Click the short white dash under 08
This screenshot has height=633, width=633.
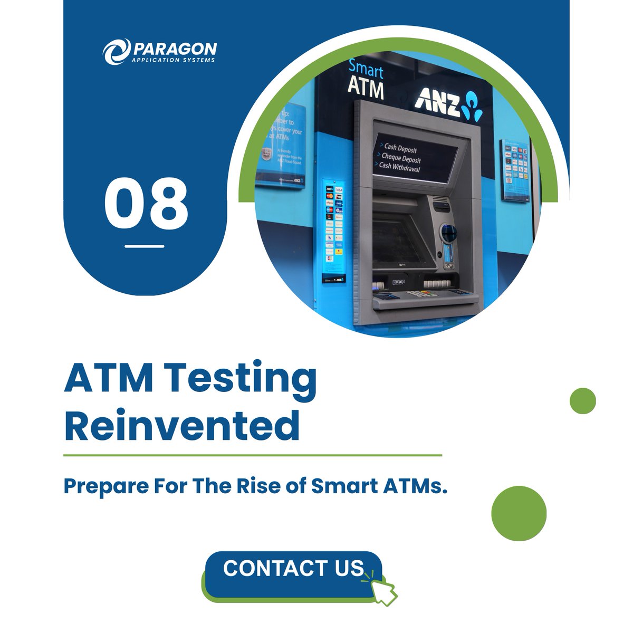click(144, 246)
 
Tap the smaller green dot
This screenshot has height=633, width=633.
click(582, 401)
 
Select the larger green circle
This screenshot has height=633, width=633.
click(519, 513)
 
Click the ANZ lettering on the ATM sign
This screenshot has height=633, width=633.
click(436, 101)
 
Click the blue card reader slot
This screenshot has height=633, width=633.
click(449, 233)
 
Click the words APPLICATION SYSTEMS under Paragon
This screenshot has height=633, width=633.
click(174, 60)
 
